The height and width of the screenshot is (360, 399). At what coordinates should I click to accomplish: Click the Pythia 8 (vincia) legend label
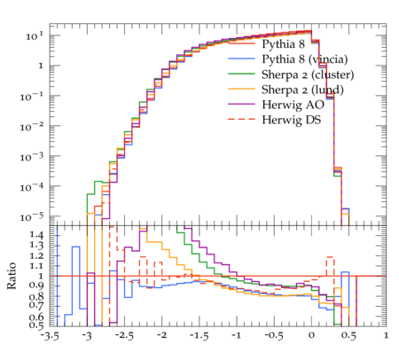point(305,59)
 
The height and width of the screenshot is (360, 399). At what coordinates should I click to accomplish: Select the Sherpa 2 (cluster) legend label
point(308,74)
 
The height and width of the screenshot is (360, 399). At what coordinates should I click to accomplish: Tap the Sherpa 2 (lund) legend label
point(302,90)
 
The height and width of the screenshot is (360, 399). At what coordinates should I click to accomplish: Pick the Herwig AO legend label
point(293,105)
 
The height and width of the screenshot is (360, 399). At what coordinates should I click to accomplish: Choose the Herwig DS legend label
point(292,120)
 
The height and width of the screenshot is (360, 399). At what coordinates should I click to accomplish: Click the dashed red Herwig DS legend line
point(241,119)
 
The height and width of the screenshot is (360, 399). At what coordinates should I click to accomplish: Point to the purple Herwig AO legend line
point(241,104)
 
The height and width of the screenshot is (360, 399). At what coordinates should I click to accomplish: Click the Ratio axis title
point(12,276)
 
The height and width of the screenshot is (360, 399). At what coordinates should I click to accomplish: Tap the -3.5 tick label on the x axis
point(50,336)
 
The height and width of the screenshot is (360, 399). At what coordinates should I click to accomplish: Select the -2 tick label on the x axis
point(162,335)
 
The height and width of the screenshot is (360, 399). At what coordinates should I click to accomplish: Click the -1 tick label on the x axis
point(237,335)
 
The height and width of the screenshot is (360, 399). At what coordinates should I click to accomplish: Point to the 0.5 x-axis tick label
point(348,336)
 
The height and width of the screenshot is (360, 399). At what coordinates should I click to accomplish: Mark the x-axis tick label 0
point(311,335)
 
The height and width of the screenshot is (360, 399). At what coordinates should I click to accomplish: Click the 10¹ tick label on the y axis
point(35,36)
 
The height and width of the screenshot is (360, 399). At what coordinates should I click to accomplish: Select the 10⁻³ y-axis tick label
point(32,157)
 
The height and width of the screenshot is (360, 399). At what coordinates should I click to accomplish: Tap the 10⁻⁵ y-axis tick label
point(32,217)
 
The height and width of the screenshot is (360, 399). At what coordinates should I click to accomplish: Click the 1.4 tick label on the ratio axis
point(36,236)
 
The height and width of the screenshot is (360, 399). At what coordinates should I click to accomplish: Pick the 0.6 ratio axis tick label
point(36,317)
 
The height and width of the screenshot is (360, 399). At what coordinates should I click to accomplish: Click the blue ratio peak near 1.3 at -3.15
point(75,247)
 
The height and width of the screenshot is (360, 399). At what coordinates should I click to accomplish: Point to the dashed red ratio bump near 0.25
point(330,257)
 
